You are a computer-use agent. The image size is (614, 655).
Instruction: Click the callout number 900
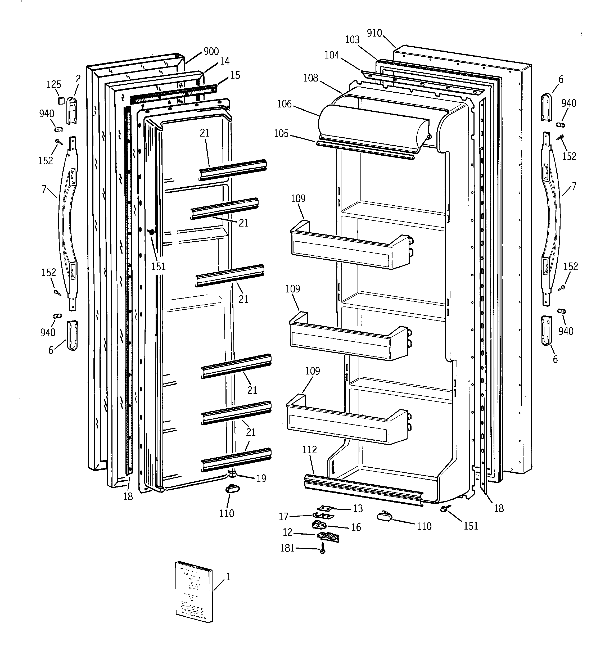[211, 51]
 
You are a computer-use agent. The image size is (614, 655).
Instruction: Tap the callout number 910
[374, 33]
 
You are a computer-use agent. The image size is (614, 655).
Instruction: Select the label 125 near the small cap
[53, 84]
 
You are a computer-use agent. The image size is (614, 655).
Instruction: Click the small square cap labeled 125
[60, 100]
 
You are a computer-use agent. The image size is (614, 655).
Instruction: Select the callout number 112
[309, 449]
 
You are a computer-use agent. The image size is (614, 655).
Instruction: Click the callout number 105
[281, 133]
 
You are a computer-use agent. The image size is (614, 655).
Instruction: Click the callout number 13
[358, 508]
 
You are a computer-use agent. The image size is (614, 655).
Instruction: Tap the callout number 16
[356, 527]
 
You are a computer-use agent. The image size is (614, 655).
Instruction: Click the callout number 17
[283, 517]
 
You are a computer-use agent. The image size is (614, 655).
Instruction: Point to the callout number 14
[224, 61]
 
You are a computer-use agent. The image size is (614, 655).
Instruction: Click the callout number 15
[235, 75]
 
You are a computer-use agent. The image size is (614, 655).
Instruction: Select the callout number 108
[311, 78]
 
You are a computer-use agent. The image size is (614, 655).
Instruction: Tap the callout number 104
[332, 55]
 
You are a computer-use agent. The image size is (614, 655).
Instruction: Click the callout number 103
[352, 39]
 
